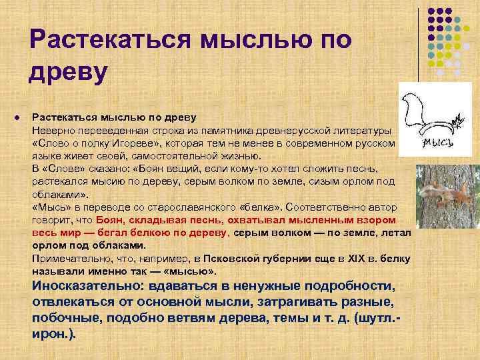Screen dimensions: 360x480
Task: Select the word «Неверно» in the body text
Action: pyautogui.click(x=51, y=130)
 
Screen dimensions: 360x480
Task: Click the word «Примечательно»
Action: pyautogui.click(x=67, y=258)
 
